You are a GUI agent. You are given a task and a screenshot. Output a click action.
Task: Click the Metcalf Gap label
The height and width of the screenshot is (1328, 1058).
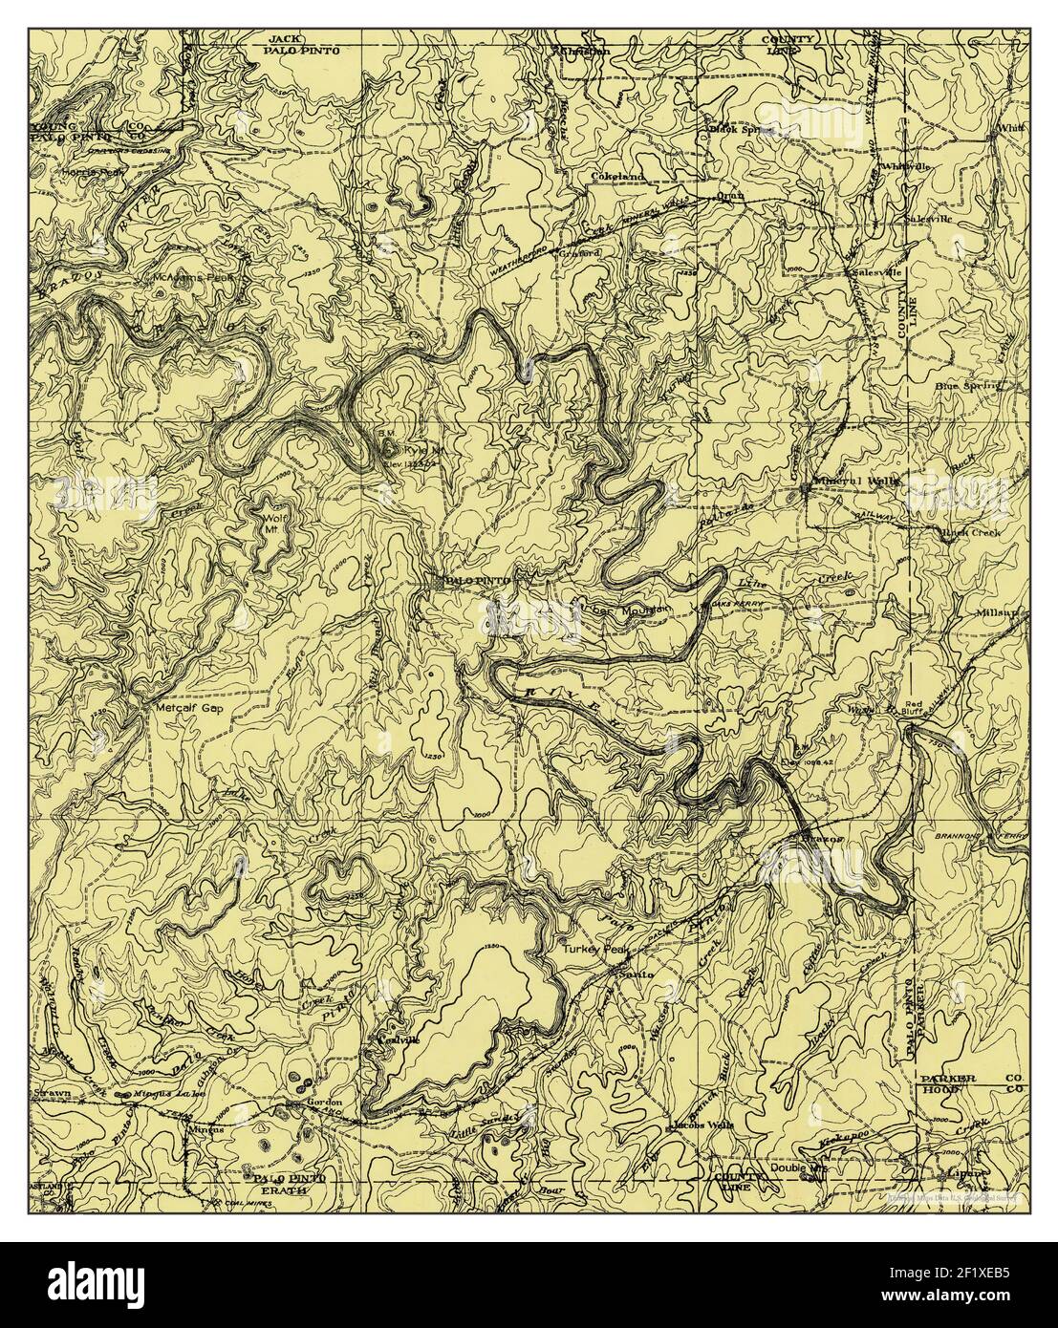coord(178,710)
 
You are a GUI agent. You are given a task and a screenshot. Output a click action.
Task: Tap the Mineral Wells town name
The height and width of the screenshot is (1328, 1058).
coord(856,482)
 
